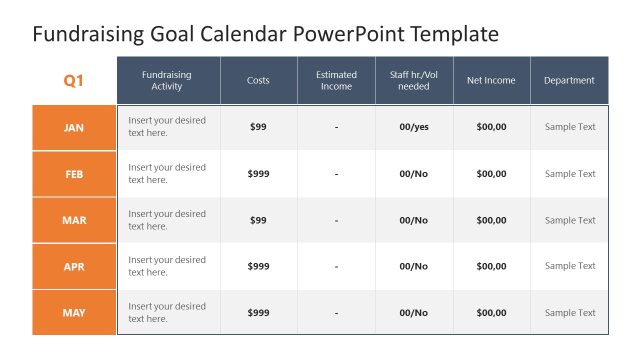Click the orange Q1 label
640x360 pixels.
(x=74, y=80)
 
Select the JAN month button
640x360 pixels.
(x=74, y=127)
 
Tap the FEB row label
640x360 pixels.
(x=74, y=174)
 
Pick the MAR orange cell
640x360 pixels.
(x=74, y=220)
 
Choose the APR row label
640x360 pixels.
(x=74, y=267)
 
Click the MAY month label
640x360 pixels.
(x=74, y=313)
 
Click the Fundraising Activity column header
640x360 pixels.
(x=167, y=80)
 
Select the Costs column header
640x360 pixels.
(x=258, y=80)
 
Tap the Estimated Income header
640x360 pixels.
(x=336, y=80)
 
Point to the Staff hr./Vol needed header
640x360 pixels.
(x=414, y=80)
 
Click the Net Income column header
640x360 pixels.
(x=491, y=80)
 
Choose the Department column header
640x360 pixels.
(x=569, y=80)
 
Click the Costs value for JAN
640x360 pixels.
(x=258, y=127)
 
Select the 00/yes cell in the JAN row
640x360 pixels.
(x=414, y=127)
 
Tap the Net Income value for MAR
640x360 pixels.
(x=491, y=220)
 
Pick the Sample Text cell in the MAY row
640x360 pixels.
(x=569, y=313)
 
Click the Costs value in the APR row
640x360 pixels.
(x=258, y=267)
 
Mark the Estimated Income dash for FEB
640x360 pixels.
(x=336, y=174)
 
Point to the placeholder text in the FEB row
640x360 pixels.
(x=167, y=174)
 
